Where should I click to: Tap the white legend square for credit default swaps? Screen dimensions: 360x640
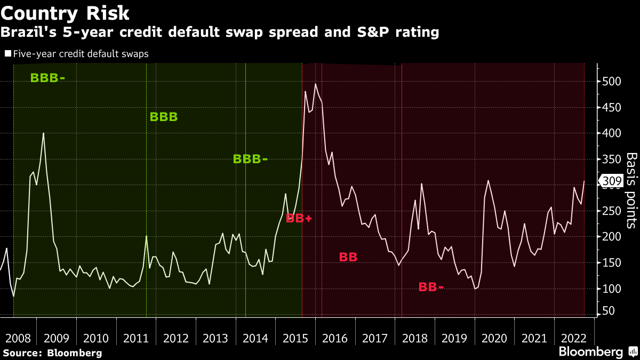coord(7,53)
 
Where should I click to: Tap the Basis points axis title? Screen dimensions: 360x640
coord(631,190)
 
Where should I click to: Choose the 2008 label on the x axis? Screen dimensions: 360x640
coord(17,338)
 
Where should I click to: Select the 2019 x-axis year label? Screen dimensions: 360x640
coord(454,338)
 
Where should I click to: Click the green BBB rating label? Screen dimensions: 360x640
coord(164,117)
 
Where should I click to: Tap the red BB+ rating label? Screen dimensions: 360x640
coord(299,218)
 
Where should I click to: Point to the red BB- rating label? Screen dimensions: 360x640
coord(431,287)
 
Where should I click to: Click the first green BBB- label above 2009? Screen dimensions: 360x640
coord(47,78)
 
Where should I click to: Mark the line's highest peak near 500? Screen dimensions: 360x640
coord(315,84)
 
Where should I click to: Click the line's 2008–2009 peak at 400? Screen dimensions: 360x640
coord(43,133)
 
